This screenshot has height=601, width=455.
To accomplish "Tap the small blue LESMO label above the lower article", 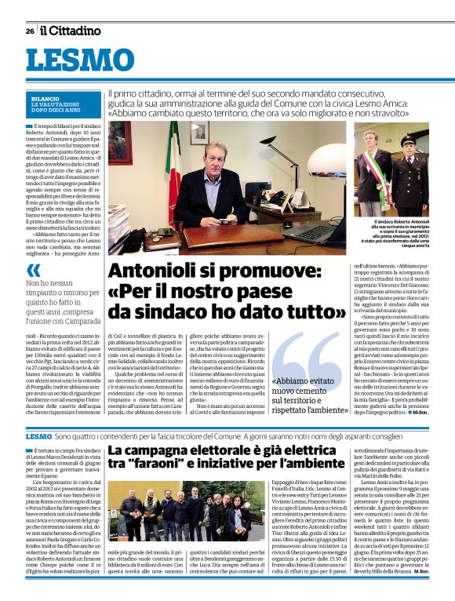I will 38,435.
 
